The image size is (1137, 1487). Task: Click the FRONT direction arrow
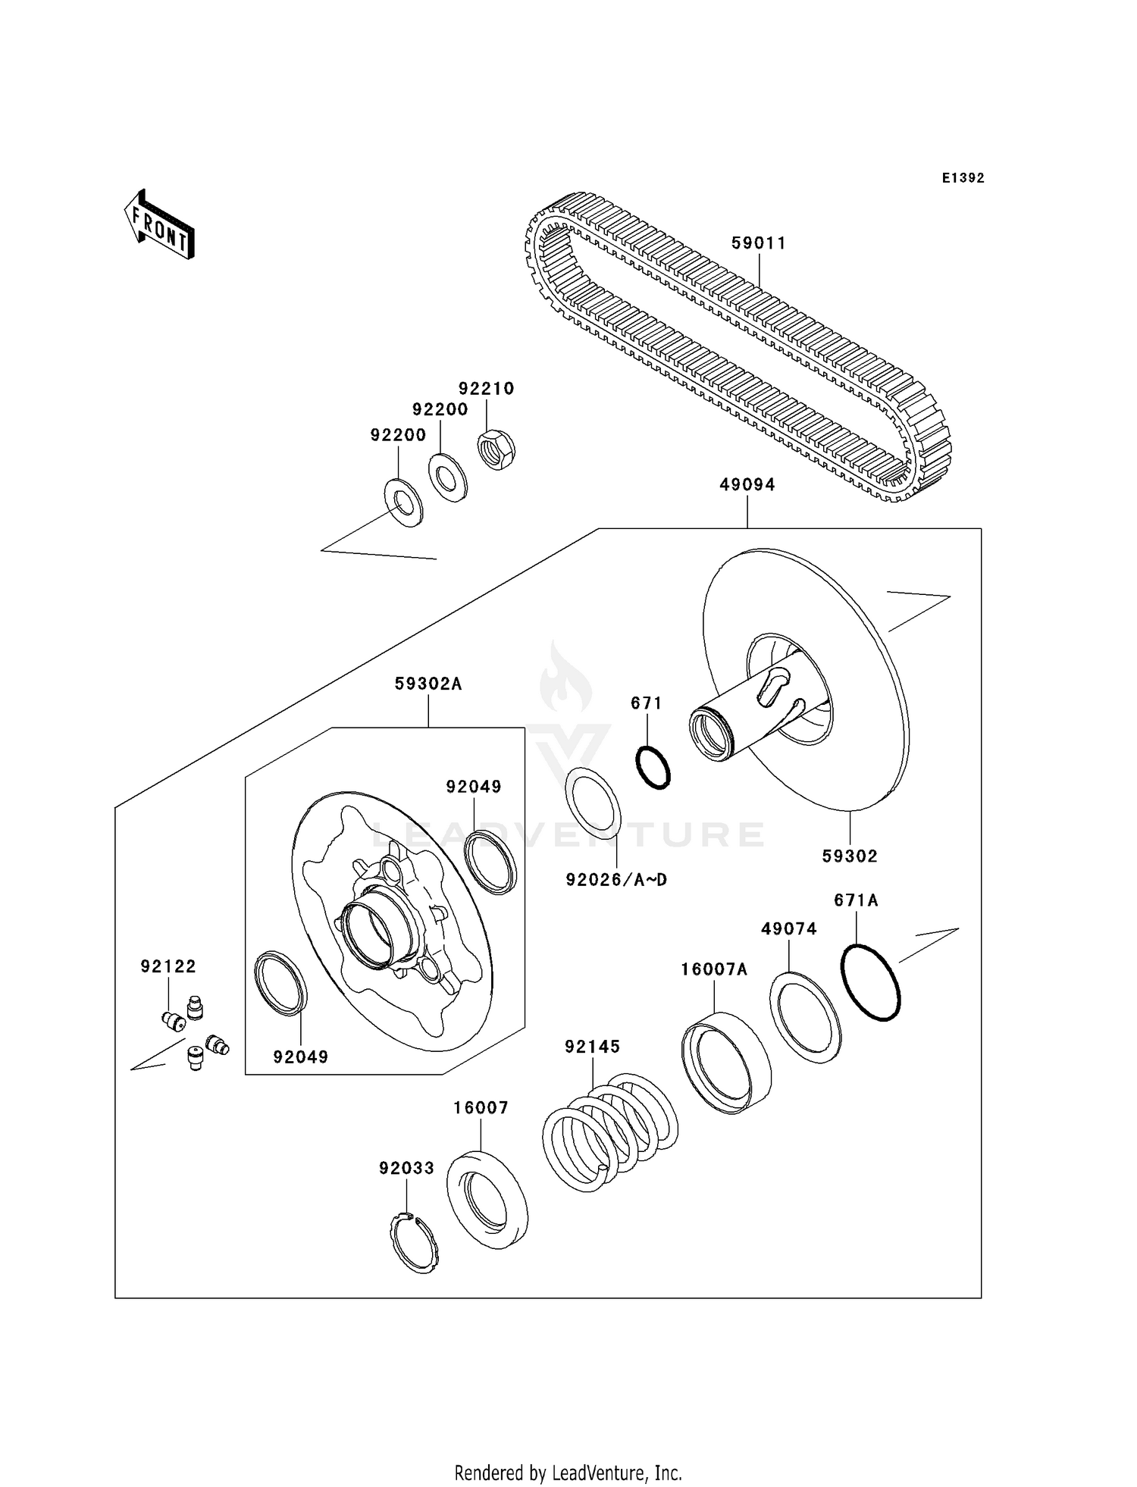tap(160, 225)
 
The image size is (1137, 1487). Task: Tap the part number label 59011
tap(759, 243)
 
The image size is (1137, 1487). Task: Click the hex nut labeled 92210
tap(496, 449)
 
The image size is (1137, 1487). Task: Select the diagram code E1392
tap(963, 178)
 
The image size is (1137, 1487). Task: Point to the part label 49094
tap(747, 485)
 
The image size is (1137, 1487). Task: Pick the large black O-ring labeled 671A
tap(871, 982)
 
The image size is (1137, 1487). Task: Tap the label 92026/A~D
tap(616, 880)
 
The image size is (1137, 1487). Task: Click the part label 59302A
tap(428, 684)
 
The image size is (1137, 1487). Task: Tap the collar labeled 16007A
tap(725, 1063)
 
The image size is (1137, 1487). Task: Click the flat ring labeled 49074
tap(805, 1018)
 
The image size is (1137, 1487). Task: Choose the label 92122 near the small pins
tap(168, 966)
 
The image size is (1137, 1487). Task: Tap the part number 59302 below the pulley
tap(850, 856)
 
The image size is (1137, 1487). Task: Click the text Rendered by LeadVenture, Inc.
tap(568, 1473)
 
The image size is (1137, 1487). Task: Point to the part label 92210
tap(487, 389)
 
